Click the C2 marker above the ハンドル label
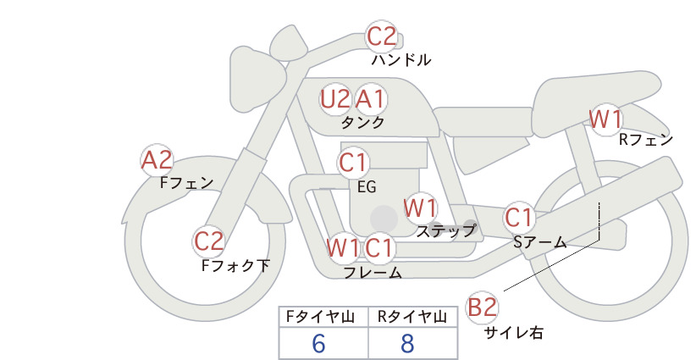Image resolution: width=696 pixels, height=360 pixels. coord(381,36)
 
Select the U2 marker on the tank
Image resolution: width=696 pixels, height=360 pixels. coord(335,99)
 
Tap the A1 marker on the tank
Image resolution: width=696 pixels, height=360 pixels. coord(370,99)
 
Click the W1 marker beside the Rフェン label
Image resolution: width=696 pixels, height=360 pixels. coord(605,119)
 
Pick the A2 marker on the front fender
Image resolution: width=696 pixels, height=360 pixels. coord(157,160)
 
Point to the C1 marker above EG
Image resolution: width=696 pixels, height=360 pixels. coord(353,163)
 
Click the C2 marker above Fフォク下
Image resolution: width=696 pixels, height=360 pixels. coord(208,242)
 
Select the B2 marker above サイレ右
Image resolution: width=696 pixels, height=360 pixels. coord(482,307)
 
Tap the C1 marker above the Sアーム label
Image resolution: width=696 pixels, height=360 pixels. coord(518,218)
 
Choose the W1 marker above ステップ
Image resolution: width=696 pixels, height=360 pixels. coord(420,208)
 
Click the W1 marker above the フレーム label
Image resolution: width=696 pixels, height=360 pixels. coord(343,247)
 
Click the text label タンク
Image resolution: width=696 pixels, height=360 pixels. coord(362,123)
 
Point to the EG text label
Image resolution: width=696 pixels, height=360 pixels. coord(367,187)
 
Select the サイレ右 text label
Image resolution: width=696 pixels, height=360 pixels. coord(514,333)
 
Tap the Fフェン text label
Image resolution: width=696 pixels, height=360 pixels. coord(186,182)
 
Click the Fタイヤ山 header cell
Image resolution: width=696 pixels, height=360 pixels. coord(323,317)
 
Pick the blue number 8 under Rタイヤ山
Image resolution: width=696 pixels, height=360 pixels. coord(407,343)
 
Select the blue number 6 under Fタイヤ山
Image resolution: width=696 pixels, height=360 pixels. coord(318,343)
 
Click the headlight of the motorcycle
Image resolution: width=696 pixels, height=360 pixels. coord(257,85)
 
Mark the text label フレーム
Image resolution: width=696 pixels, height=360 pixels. coord(373,272)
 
